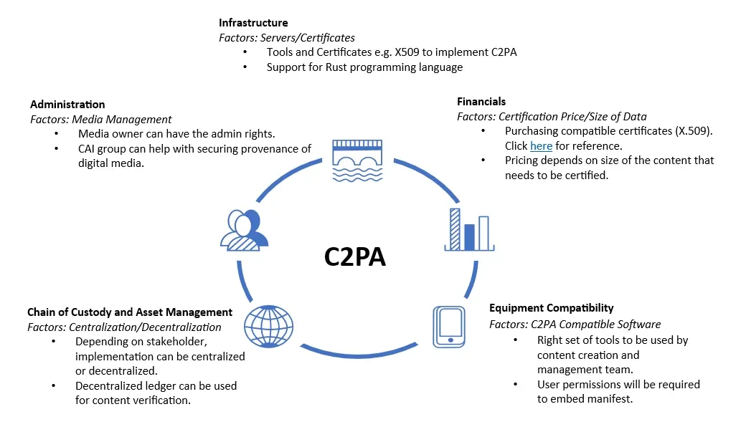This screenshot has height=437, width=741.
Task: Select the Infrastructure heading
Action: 253,23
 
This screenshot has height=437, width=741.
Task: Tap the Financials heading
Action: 481,102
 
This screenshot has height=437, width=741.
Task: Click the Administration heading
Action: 67,105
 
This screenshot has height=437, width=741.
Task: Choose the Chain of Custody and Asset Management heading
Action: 130,312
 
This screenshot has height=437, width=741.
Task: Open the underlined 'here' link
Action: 541,146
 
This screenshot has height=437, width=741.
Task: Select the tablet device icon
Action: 450,326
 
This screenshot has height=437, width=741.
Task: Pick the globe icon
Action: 269,326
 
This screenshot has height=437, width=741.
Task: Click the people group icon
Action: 244,230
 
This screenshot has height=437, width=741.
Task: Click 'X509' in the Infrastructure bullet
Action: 424,52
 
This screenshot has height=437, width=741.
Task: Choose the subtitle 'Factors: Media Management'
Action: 100,120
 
